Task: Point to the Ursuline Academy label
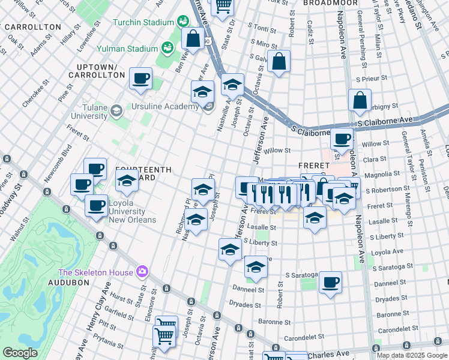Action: tap(164, 106)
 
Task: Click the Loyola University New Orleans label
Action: tap(127, 215)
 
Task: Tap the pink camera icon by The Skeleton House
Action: tap(142, 272)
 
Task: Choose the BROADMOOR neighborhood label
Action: tap(326, 3)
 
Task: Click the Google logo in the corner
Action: tap(20, 353)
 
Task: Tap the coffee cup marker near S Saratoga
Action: tap(330, 283)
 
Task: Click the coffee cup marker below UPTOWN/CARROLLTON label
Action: tap(140, 79)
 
